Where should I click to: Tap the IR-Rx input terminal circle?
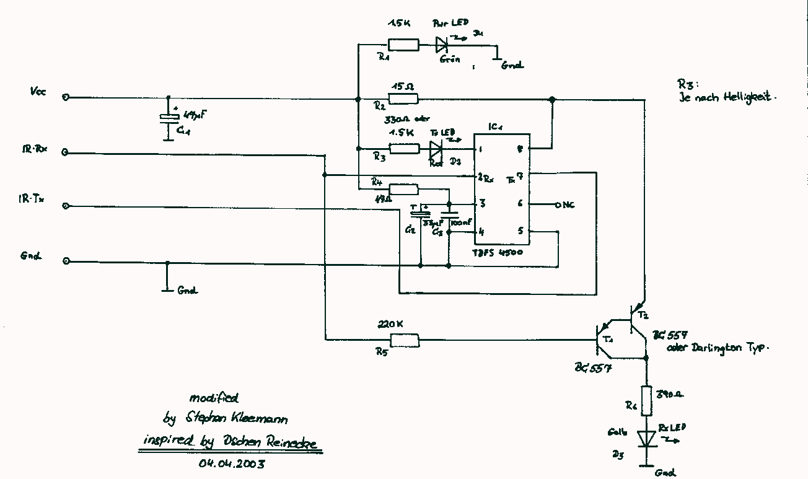[66, 152]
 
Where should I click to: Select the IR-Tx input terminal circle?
[66, 206]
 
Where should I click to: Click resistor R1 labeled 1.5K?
[403, 45]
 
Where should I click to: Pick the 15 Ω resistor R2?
[403, 99]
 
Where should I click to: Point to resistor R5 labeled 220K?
[404, 340]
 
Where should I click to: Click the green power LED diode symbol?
[441, 45]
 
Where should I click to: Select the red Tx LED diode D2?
[436, 149]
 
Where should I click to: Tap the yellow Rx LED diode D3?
[646, 437]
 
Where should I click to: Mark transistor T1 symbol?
[604, 340]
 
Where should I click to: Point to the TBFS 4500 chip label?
[497, 253]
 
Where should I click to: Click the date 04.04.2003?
[232, 463]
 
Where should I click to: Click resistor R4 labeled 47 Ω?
[403, 189]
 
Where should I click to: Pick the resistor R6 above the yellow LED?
[646, 400]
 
